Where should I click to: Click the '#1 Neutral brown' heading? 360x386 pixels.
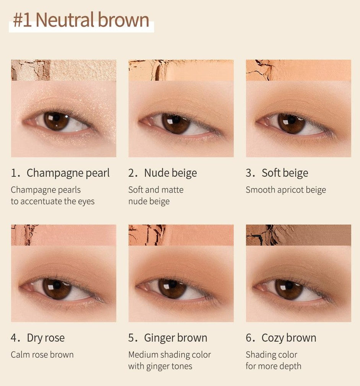[x=81, y=20]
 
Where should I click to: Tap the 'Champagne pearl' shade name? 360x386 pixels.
[x=68, y=173]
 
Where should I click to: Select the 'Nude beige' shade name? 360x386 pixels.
[x=170, y=173]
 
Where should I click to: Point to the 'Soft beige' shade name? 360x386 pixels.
[x=285, y=173]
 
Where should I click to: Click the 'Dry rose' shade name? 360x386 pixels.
[x=46, y=338]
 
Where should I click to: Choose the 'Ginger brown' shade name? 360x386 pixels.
[x=176, y=338]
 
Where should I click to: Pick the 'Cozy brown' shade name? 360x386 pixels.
[x=289, y=338]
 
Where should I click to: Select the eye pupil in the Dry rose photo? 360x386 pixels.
[x=57, y=285]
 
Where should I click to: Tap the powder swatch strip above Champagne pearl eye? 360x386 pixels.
[x=64, y=70]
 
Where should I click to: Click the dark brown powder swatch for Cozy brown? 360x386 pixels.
[x=298, y=235]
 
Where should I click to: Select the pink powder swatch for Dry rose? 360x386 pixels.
[x=64, y=235]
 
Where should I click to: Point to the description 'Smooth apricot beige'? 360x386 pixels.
[x=286, y=190]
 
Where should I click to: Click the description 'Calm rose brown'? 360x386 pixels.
[x=42, y=355]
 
